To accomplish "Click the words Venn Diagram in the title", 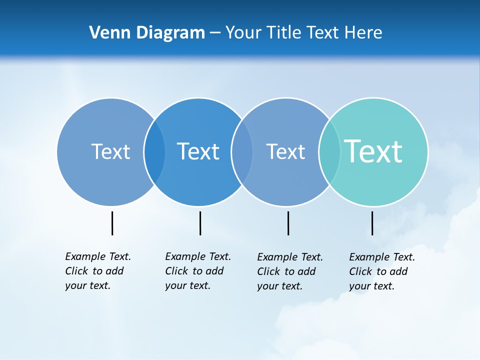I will point(147,33).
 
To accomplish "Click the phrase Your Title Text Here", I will point(303,33).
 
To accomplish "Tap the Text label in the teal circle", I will point(373,151).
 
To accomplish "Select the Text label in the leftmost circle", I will point(110,151).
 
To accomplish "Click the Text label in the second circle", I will point(198,151).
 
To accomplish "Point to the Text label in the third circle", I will point(285,151).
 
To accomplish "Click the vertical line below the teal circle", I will point(372,223).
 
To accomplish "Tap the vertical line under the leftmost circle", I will point(112,223).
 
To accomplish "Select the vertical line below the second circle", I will point(200,223).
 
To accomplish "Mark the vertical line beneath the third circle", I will point(288,223).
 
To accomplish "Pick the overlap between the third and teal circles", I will point(329,151).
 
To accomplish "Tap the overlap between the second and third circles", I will point(242,151).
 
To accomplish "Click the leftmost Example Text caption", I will point(97,271).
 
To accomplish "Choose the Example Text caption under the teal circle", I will point(381,271).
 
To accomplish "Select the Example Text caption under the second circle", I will point(197,271).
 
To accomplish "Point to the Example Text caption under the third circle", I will point(289,271).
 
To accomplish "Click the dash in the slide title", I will point(215,33).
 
